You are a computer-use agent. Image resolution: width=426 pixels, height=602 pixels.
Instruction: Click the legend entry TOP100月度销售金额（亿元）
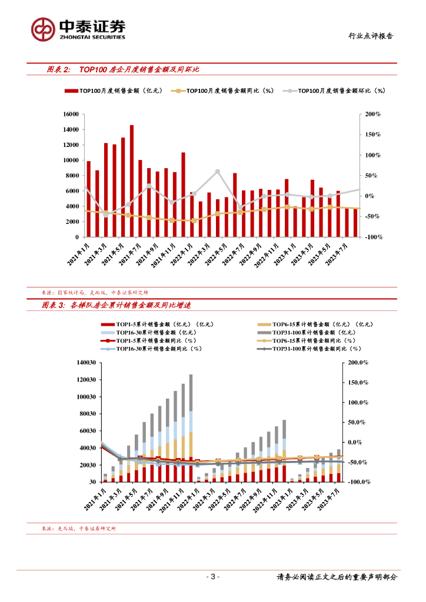(112, 91)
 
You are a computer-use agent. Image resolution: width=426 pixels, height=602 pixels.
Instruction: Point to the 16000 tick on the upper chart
(71, 114)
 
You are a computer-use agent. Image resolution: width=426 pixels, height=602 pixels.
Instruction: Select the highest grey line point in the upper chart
(217, 171)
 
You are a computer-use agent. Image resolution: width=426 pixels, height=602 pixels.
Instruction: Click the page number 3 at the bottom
(213, 577)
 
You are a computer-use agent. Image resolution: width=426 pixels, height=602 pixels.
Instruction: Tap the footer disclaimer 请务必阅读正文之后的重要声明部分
(337, 577)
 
